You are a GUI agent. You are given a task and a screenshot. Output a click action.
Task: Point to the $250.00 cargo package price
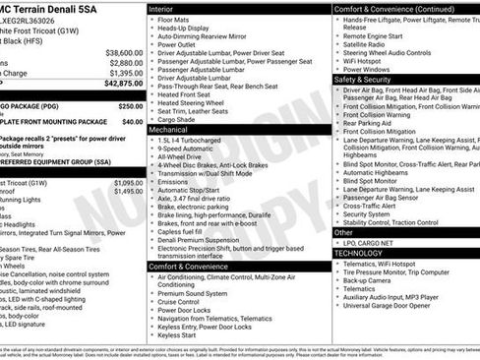[x=130, y=105]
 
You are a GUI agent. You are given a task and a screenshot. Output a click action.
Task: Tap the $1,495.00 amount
[x=128, y=192]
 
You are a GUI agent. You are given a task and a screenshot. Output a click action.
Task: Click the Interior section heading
[x=162, y=8]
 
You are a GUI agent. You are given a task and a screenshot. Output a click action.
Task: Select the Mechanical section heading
[x=168, y=129]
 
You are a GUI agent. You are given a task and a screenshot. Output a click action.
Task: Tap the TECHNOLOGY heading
[x=358, y=253]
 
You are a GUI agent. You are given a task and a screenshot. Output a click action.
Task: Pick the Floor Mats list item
[x=174, y=19]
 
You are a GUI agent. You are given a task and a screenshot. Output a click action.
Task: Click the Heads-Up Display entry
[x=184, y=30]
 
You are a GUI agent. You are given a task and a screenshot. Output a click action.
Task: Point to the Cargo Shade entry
[x=177, y=119]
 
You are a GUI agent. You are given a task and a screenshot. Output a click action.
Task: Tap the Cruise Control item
[x=180, y=300]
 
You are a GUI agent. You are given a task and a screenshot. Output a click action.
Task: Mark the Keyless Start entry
[x=177, y=335]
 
